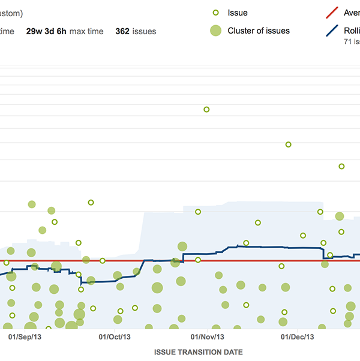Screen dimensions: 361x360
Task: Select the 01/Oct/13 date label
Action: click(113, 337)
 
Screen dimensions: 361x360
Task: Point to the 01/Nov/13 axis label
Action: click(207, 337)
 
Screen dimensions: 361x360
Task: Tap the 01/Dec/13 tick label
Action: click(298, 337)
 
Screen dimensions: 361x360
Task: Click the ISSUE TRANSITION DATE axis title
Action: click(199, 352)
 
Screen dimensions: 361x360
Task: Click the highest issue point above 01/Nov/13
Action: click(206, 109)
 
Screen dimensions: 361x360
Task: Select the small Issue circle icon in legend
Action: click(215, 13)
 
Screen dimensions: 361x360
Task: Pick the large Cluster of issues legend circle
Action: click(215, 31)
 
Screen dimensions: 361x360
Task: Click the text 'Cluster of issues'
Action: click(259, 31)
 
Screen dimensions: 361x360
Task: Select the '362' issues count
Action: click(124, 31)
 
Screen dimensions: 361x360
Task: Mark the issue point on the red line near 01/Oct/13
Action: click(103, 260)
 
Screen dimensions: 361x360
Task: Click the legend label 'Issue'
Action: click(238, 13)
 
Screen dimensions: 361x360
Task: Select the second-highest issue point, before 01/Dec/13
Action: click(288, 145)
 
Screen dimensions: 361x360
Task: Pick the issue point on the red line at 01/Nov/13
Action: click(197, 260)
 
